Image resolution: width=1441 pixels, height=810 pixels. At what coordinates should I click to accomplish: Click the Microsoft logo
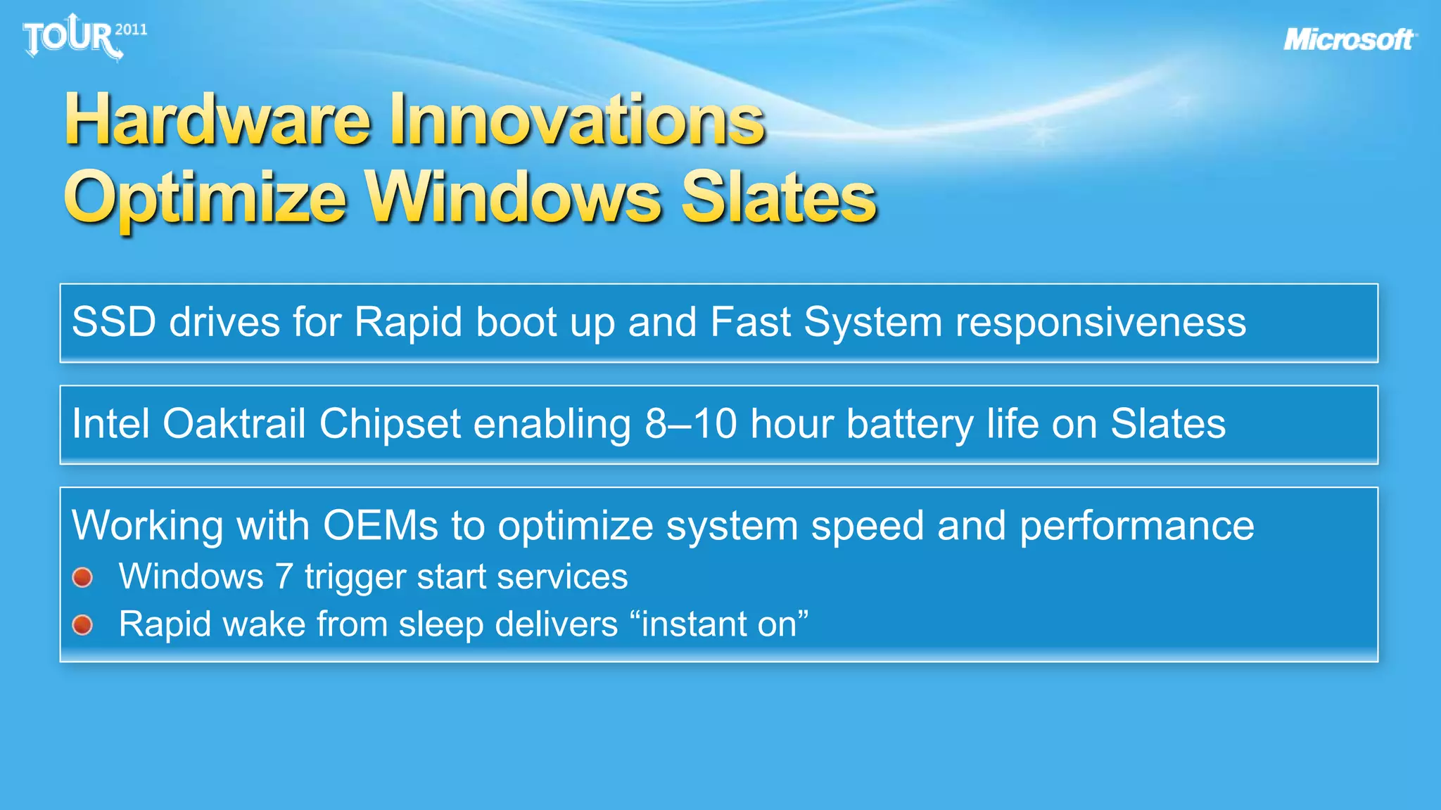(x=1349, y=39)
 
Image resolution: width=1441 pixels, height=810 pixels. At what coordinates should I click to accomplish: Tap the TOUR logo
(x=70, y=37)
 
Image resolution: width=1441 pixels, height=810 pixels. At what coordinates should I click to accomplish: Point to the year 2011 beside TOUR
(x=131, y=30)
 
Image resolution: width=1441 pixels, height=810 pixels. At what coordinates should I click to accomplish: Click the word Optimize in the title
(x=205, y=199)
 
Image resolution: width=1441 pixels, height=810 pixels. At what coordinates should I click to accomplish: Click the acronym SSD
(x=113, y=322)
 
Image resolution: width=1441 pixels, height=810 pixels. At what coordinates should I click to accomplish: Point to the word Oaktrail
(x=234, y=424)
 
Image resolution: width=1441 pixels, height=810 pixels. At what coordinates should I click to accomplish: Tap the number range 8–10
(x=690, y=424)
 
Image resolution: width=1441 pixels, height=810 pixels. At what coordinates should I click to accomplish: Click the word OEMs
(x=380, y=525)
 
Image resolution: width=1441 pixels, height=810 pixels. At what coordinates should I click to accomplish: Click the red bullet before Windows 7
(x=82, y=577)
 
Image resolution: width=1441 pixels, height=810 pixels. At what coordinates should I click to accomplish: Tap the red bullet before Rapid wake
(x=82, y=624)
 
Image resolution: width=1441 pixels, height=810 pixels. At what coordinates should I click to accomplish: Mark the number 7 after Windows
(x=283, y=577)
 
